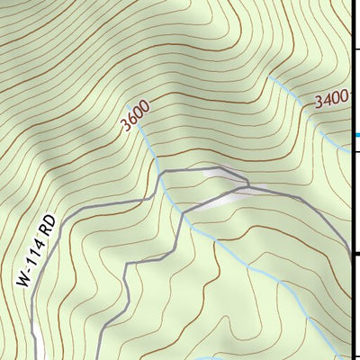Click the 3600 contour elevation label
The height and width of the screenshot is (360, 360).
point(135,117)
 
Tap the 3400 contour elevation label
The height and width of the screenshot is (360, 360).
point(331,101)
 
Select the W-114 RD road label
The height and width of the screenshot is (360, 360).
point(36,251)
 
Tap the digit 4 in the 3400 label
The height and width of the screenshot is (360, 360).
point(326,102)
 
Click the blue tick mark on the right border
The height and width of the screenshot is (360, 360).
point(355,135)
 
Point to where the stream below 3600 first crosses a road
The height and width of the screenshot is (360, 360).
point(160,174)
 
